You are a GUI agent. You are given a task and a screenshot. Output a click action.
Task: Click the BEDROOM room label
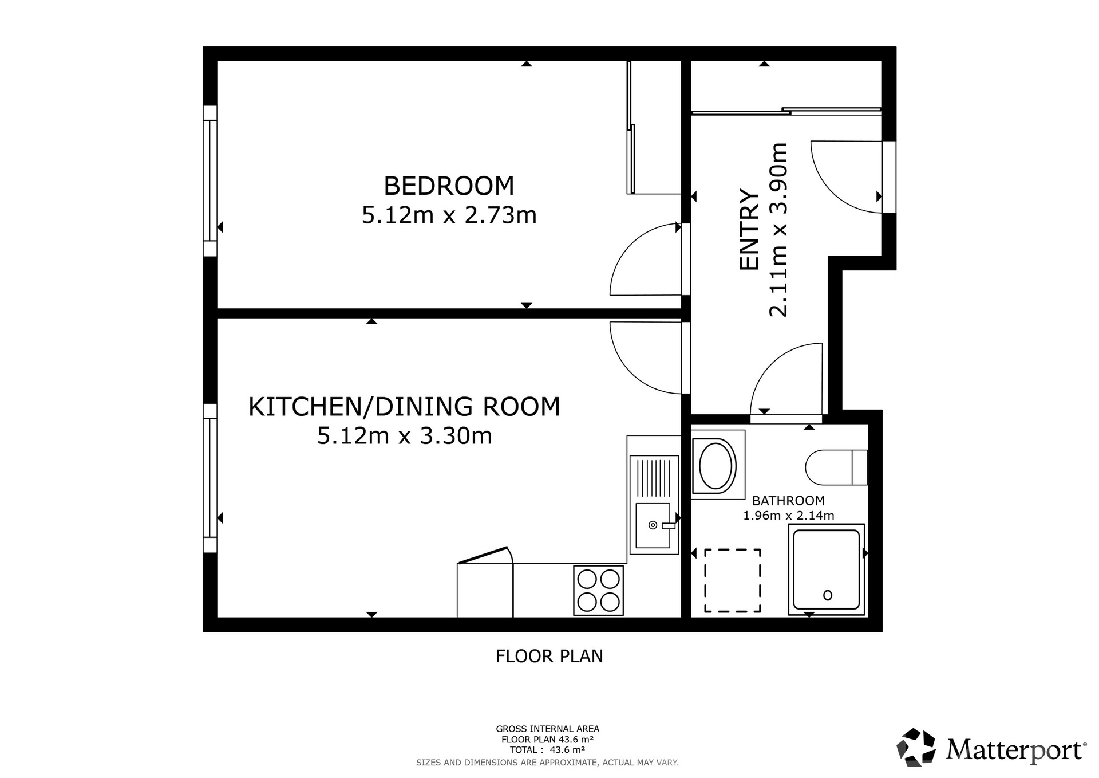coord(449,186)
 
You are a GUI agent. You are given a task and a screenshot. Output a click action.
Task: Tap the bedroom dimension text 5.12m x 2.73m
coord(449,215)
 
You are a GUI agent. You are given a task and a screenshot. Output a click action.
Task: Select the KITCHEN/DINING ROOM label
coord(404,406)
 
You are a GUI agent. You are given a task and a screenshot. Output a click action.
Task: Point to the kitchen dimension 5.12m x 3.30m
coord(404,436)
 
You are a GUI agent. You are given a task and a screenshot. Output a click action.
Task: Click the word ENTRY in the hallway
coord(749,229)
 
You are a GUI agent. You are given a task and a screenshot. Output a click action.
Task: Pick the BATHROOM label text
coord(788,501)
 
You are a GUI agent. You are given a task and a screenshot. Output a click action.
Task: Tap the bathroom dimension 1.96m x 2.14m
coord(788,516)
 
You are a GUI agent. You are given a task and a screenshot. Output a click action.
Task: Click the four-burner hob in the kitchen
coord(598,591)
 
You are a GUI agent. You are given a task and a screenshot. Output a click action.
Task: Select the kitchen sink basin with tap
coord(653,525)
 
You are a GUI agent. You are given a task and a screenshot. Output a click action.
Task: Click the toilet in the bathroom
coord(836,467)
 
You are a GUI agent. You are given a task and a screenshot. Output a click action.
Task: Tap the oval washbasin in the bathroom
coord(715,465)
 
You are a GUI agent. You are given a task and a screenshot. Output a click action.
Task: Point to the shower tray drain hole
coord(827,595)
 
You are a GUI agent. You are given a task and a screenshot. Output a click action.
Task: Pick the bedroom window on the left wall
coord(210,180)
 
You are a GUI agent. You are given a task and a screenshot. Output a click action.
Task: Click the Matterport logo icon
coord(916,747)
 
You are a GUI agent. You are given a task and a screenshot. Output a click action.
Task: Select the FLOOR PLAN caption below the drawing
coord(549,656)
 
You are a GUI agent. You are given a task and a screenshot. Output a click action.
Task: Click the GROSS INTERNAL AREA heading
coord(548,729)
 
